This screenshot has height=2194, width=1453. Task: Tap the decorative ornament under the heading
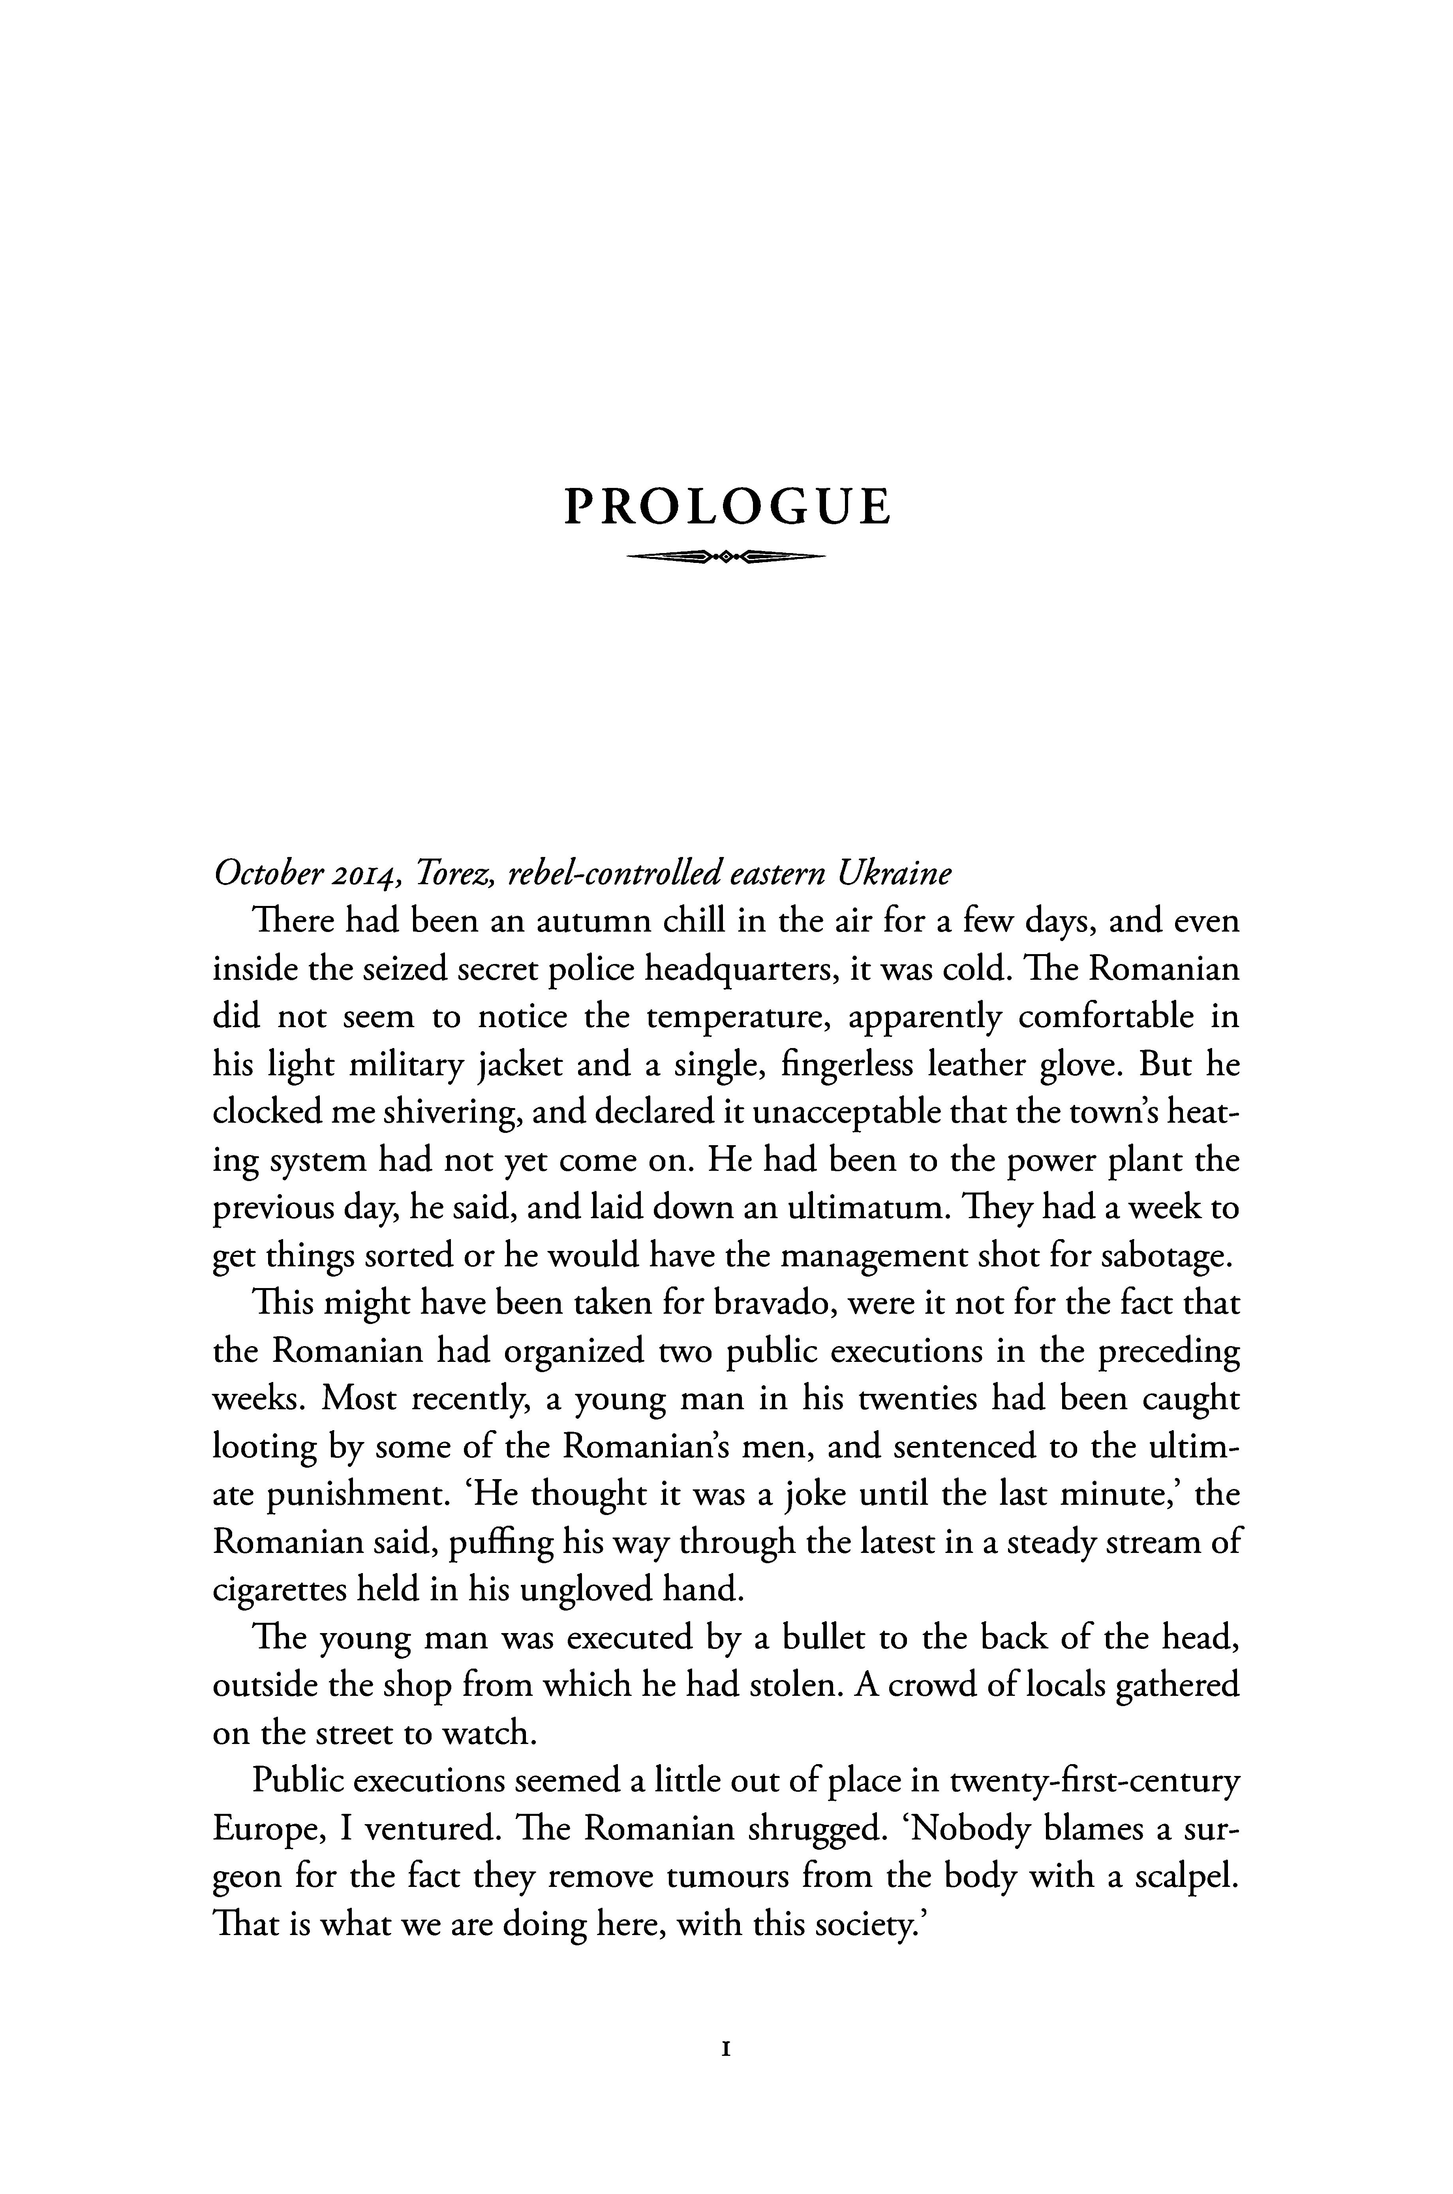(726, 557)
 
